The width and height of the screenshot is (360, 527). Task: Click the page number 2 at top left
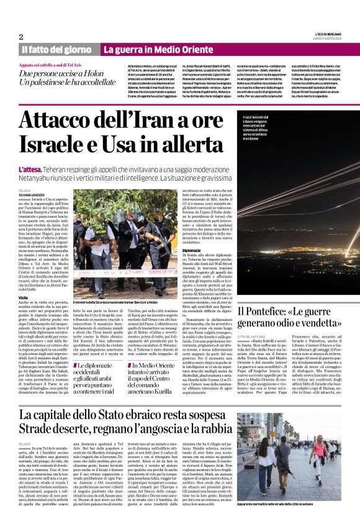(x=22, y=37)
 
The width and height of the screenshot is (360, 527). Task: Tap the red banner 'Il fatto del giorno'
(x=57, y=50)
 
